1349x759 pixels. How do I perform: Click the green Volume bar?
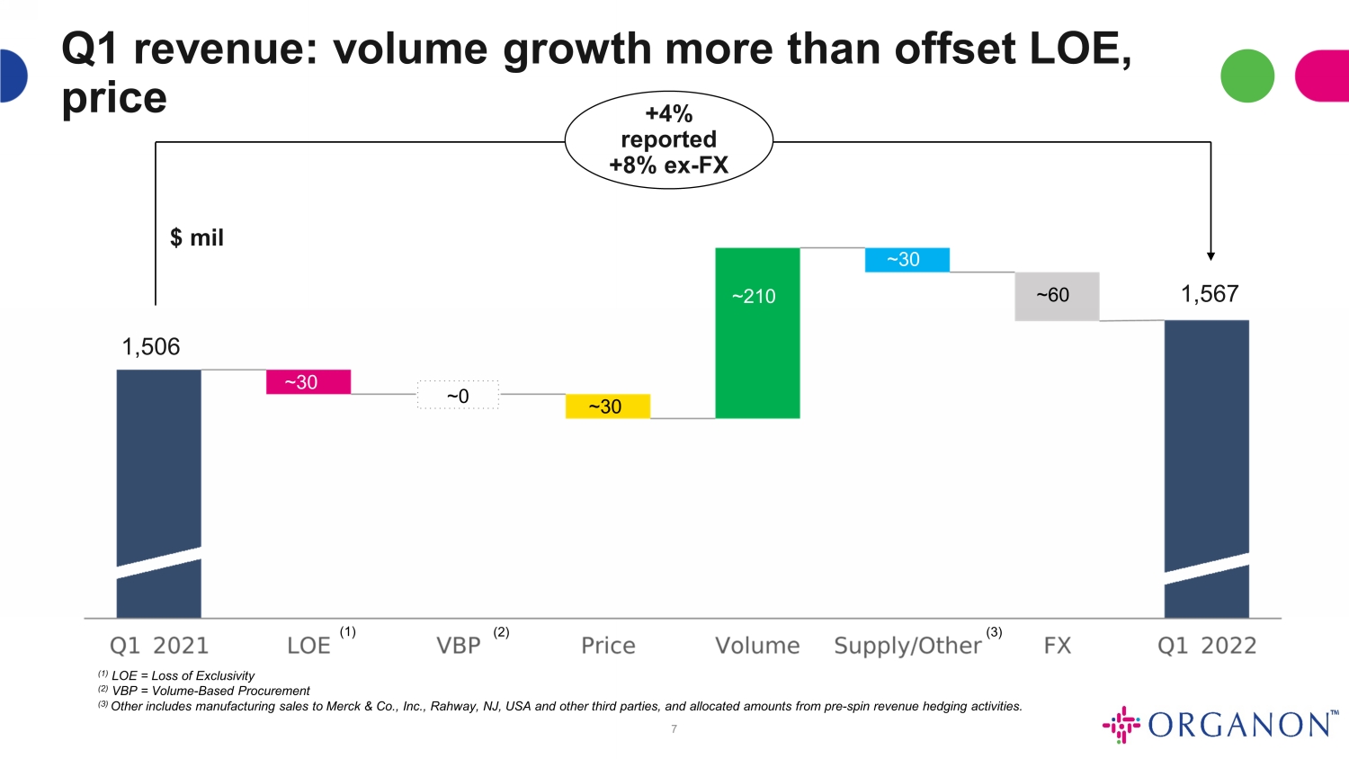click(x=757, y=333)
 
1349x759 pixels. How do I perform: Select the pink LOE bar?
click(x=308, y=382)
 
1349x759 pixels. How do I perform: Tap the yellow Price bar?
click(x=608, y=406)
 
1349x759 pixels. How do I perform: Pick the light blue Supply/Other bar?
click(x=907, y=260)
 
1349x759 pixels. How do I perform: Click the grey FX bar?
click(x=1057, y=297)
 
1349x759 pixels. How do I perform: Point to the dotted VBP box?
click(x=459, y=395)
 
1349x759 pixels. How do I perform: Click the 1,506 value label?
click(x=150, y=347)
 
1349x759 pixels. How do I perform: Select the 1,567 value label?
click(x=1210, y=294)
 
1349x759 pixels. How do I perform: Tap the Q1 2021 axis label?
click(x=159, y=646)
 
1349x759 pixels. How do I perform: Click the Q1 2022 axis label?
click(x=1207, y=646)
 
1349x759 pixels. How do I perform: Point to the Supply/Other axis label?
click(x=907, y=647)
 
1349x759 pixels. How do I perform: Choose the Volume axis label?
click(x=757, y=646)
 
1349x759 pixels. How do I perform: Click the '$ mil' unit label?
click(x=197, y=238)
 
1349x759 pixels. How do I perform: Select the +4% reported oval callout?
click(x=668, y=139)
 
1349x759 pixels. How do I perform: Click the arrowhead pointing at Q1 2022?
click(x=1211, y=256)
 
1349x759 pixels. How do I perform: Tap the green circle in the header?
click(x=1247, y=76)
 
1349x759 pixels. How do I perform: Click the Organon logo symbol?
click(x=1121, y=724)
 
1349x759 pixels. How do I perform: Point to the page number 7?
click(x=674, y=729)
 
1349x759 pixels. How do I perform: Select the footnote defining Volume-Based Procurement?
click(x=204, y=691)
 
